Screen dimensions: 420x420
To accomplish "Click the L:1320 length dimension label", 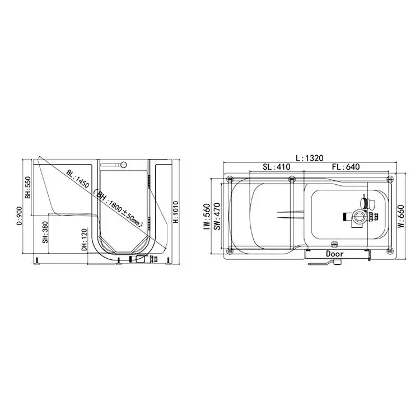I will tap(310, 158).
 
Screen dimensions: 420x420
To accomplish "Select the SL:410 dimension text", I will tap(276, 167).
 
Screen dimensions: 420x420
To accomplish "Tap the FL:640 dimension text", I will tap(344, 167).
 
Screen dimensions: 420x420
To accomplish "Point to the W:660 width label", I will tap(401, 216).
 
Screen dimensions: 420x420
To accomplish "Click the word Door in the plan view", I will tap(337, 254).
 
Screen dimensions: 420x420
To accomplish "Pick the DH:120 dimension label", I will tap(84, 239).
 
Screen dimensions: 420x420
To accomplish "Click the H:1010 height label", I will tap(175, 212).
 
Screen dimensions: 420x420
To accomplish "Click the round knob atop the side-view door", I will tap(125, 165).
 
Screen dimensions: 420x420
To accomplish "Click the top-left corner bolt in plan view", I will tap(230, 179).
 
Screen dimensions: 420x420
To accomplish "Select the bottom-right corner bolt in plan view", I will tap(389, 250).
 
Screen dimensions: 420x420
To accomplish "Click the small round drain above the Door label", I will tap(335, 244).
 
